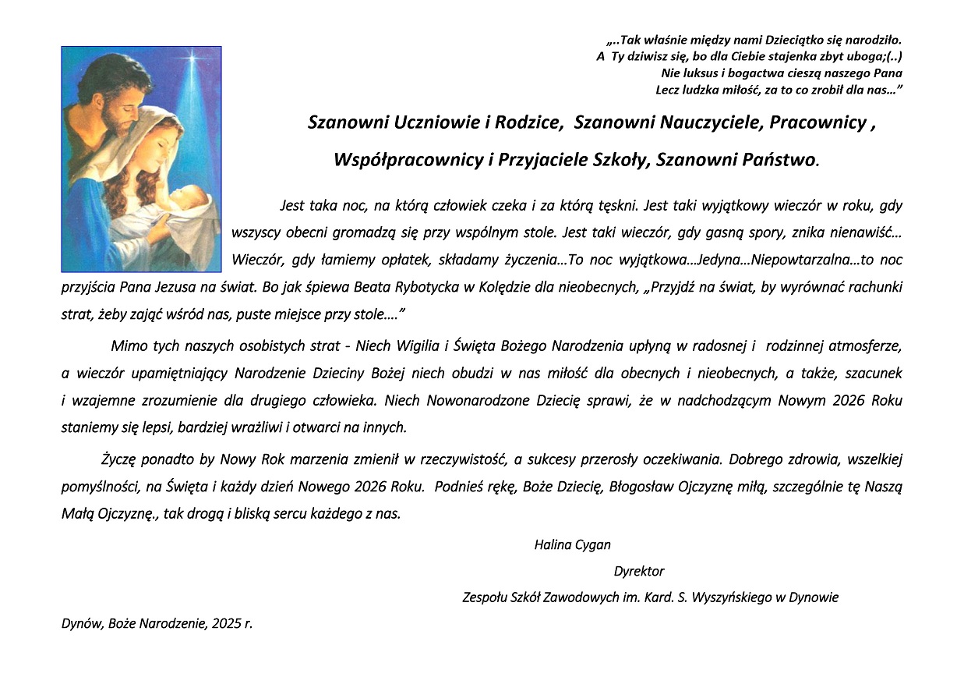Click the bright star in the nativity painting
pos(191,60)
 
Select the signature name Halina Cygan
pos(572,544)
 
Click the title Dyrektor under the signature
pos(639,571)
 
